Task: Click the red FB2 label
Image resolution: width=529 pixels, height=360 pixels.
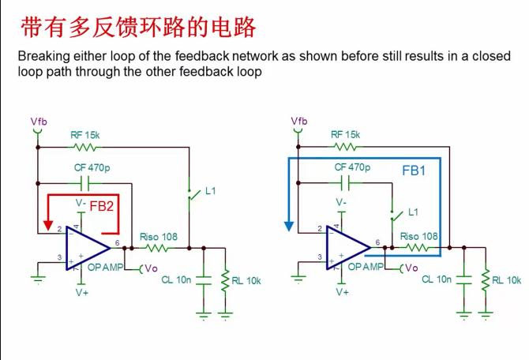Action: pos(102,205)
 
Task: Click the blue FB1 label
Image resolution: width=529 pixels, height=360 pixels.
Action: pos(414,170)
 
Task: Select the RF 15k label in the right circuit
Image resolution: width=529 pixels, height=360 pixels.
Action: pos(346,135)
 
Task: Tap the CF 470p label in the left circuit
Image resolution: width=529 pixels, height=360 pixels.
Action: pos(89,167)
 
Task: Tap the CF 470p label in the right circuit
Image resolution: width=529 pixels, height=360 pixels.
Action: pos(351,167)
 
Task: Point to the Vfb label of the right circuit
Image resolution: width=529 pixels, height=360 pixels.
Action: pos(299,121)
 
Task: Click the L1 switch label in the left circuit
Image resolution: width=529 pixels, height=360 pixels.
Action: pos(210,191)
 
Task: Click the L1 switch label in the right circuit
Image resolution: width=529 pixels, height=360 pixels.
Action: pos(413,213)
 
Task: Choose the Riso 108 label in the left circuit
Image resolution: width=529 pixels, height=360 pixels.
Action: pos(159,237)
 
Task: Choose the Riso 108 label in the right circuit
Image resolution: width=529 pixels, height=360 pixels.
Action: pos(419,236)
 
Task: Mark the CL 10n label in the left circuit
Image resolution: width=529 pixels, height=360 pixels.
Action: pos(177,279)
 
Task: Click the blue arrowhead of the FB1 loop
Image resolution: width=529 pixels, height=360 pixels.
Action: pos(289,224)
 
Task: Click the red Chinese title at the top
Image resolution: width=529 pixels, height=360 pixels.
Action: pos(139,28)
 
